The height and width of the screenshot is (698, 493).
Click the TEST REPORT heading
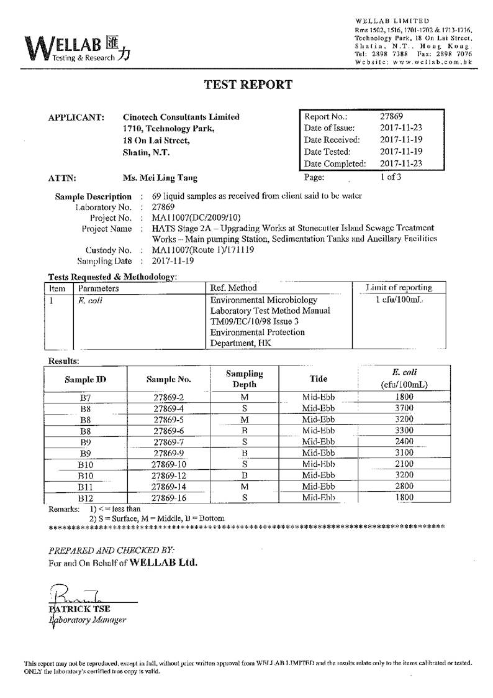[x=248, y=85]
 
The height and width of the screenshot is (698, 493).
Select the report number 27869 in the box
[x=392, y=116]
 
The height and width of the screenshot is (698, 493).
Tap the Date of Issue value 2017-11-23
[x=401, y=128]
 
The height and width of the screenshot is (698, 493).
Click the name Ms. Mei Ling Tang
[x=160, y=178]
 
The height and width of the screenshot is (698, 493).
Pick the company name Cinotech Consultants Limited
[x=181, y=117]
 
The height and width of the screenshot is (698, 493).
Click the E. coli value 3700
[x=404, y=408]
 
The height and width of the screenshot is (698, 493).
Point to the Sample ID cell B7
[x=86, y=397]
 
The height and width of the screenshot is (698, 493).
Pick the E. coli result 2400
[x=404, y=441]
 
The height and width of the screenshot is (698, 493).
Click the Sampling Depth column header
[x=244, y=379]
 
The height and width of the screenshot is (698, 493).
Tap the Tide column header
[x=318, y=379]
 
